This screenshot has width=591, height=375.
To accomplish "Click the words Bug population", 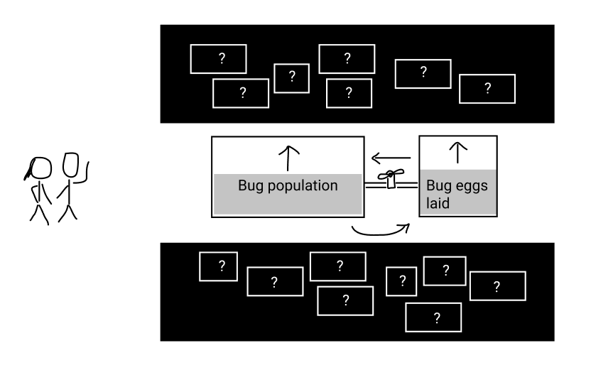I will click(287, 187).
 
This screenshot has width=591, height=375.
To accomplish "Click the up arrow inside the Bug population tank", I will click(288, 158).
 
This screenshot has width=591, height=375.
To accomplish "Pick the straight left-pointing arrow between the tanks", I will click(391, 157).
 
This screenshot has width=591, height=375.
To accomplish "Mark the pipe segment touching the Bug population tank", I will click(374, 185).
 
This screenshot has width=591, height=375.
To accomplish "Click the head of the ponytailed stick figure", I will click(43, 168).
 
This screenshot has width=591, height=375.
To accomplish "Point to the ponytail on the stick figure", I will click(29, 173).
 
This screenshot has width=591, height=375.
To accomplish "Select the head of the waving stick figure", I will click(70, 165).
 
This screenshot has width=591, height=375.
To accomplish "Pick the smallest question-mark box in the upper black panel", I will click(291, 77).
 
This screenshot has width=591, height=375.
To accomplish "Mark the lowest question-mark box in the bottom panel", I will click(436, 316).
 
